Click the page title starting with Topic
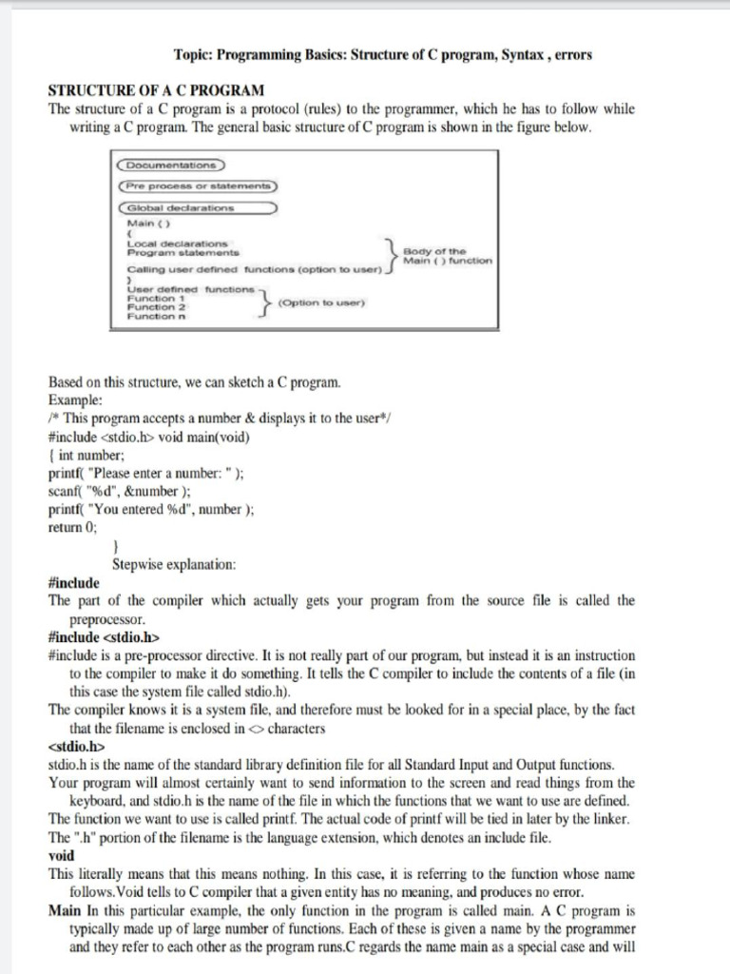(x=383, y=55)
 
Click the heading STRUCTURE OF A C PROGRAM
(x=156, y=91)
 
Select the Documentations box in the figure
(x=171, y=165)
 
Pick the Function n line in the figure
(x=157, y=318)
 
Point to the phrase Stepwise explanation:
(x=174, y=564)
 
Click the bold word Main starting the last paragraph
(x=66, y=911)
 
